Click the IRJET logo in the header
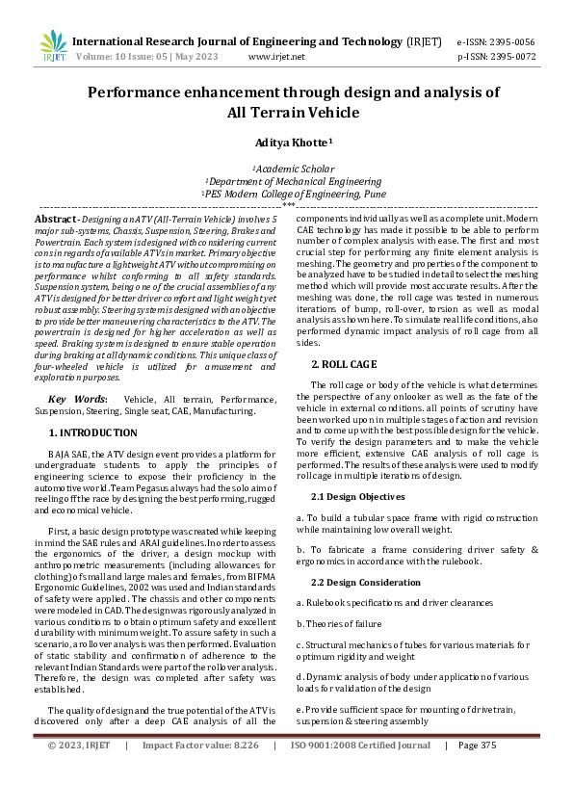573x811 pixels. click(54, 46)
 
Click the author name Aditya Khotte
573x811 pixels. click(293, 142)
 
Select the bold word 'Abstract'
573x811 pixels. click(57, 220)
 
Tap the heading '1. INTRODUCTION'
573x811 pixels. click(93, 432)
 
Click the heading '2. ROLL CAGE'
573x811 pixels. click(345, 364)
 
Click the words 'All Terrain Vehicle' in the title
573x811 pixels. click(293, 113)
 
